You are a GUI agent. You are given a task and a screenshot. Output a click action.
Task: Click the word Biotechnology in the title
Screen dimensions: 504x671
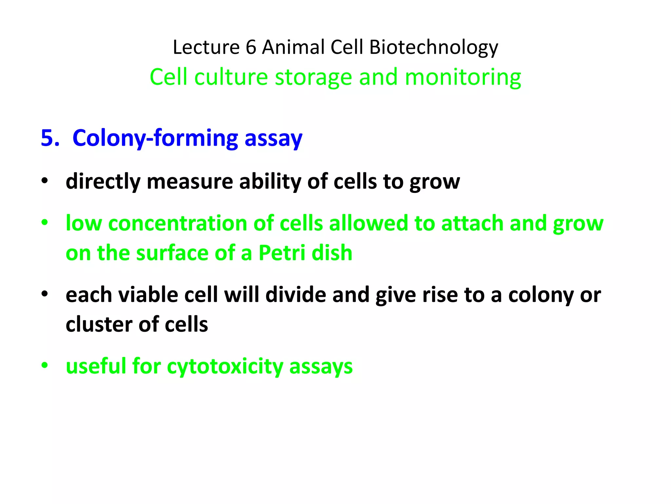click(433, 47)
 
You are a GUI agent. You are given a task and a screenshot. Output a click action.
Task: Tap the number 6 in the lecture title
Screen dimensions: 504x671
click(251, 47)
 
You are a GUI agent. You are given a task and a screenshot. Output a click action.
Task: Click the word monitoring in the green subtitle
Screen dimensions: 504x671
click(463, 77)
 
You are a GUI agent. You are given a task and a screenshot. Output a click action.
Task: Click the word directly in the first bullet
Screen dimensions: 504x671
click(103, 181)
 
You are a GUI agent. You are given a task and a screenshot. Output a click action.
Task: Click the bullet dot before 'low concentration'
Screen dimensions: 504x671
click(45, 223)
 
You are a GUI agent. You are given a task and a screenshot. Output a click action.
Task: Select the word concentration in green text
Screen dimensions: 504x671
click(177, 223)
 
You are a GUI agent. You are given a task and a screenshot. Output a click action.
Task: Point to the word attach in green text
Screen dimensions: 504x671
click(472, 223)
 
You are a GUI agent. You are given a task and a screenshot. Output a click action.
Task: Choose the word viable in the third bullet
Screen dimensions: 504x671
click(148, 295)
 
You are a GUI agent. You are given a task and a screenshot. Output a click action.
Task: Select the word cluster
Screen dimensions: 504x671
click(99, 325)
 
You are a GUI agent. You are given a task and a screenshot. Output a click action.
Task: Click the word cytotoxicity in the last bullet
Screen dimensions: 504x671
click(225, 366)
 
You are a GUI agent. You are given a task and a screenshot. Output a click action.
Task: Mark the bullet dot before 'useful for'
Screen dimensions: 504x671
click(45, 365)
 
